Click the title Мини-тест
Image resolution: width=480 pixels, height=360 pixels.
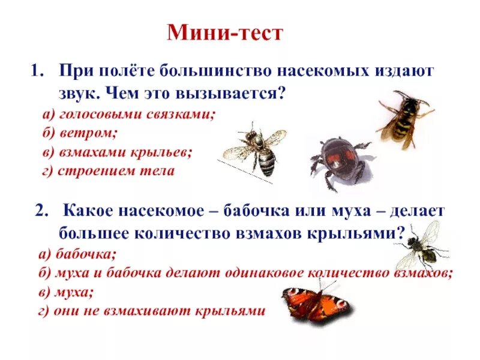(224, 32)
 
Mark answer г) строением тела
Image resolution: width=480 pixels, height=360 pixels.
(109, 171)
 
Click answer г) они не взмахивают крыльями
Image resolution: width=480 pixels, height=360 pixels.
(150, 311)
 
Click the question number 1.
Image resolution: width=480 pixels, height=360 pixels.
(36, 71)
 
